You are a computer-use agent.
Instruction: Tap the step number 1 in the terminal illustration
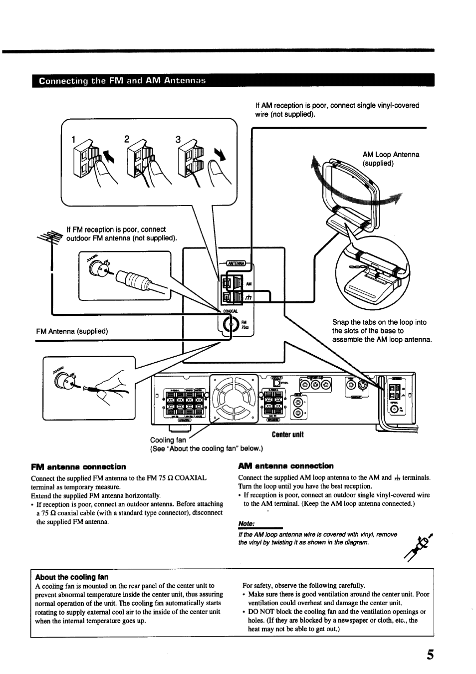tap(73, 141)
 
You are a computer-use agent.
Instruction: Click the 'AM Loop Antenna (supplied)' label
tap(391, 159)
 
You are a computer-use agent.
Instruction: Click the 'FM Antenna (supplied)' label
tap(72, 331)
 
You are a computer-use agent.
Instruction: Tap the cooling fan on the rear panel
tap(234, 397)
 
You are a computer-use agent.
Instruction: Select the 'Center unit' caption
tap(287, 435)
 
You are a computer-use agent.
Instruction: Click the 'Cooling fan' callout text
tap(168, 440)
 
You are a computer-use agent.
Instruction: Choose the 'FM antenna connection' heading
tap(78, 467)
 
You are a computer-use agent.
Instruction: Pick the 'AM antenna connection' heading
tap(286, 466)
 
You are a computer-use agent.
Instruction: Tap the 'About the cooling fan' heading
tap(71, 577)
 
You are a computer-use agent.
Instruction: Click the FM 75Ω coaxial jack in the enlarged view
tap(230, 325)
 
